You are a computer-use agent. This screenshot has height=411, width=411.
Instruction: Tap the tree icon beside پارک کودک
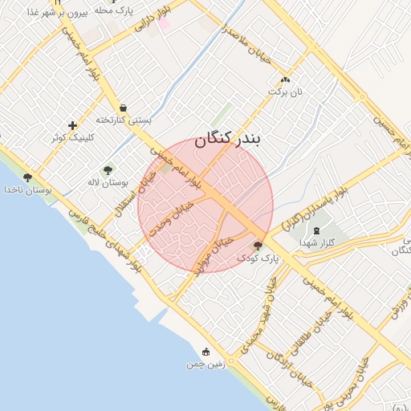[258, 246]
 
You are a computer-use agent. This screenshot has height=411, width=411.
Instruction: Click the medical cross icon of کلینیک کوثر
[73, 125]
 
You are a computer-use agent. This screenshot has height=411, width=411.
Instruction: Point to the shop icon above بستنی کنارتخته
[123, 108]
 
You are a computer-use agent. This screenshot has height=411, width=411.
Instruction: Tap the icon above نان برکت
[286, 80]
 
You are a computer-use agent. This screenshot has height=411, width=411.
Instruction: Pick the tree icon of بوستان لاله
[108, 170]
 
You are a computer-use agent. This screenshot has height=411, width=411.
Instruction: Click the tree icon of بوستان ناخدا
[27, 177]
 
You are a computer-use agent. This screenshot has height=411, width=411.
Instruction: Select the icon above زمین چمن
[206, 352]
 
